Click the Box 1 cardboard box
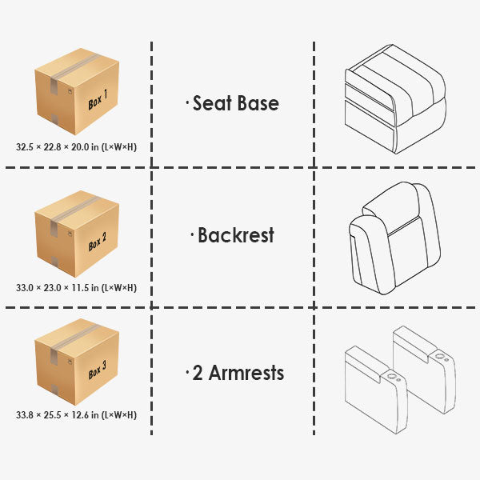coord(77,91)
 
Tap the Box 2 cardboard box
coord(77,234)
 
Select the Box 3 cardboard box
coord(77,362)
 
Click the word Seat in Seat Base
coord(212,103)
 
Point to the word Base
coord(258,103)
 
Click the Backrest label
coord(236,235)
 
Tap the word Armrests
coord(246,373)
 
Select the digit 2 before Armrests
coord(198,373)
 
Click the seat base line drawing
coord(395,99)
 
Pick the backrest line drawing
coord(395,238)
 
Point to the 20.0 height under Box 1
coord(80,147)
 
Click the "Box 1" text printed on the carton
coord(98,100)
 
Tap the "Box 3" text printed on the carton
coord(98,370)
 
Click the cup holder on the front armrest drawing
coord(391,376)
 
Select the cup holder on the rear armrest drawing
coord(440,356)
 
